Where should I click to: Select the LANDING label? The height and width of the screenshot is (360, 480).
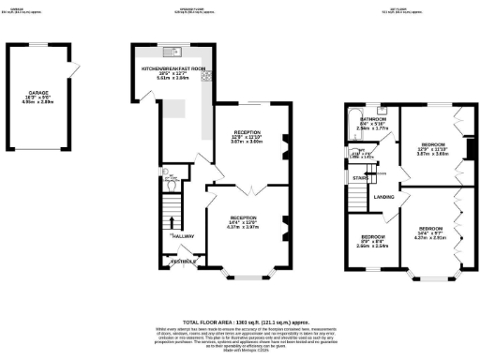pos(383,197)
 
